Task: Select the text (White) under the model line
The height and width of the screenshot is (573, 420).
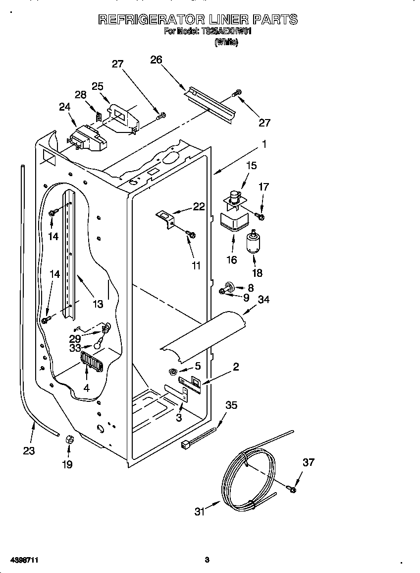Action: click(x=226, y=43)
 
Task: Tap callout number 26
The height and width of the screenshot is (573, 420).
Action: click(x=156, y=60)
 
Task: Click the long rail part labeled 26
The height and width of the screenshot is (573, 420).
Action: click(x=210, y=105)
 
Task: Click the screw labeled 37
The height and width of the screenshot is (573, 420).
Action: click(x=292, y=490)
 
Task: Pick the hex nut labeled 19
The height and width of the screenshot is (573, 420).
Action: click(x=69, y=440)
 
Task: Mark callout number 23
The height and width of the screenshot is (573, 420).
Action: click(x=29, y=451)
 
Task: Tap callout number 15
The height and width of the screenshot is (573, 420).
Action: click(x=252, y=166)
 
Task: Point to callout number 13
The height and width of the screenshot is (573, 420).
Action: click(x=98, y=304)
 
